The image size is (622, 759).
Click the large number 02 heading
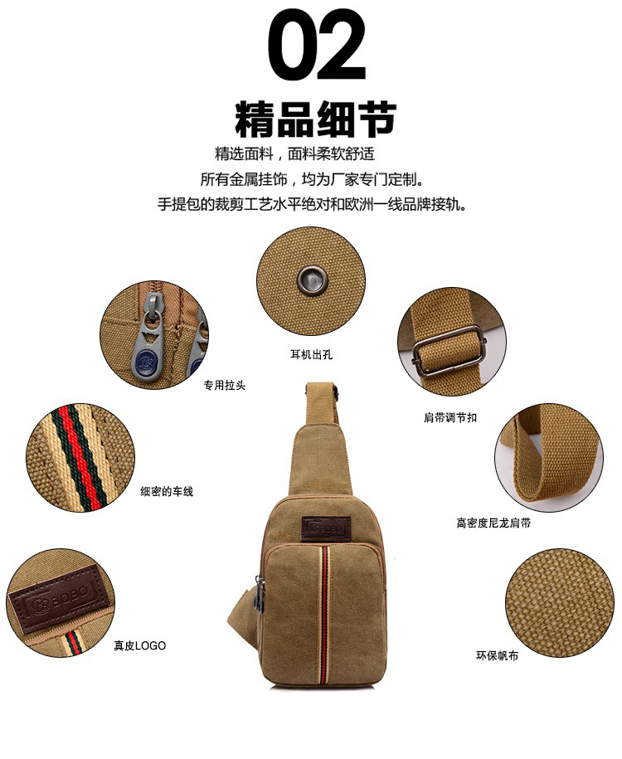[317, 44]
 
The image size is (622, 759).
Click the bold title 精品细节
[316, 119]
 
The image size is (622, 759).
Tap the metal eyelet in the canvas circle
[312, 279]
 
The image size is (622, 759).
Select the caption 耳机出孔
[311, 355]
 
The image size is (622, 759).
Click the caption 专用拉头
[225, 386]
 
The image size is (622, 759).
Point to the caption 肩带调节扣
[450, 417]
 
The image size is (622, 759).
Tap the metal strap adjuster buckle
[449, 352]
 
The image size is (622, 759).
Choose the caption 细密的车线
[167, 492]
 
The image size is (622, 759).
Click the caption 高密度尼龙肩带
[493, 523]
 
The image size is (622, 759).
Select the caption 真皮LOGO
[140, 645]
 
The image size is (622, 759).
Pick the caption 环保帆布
[497, 656]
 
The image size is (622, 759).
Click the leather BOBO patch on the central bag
[326, 528]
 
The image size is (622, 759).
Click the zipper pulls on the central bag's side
[260, 593]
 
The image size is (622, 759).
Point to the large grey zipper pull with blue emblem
[148, 338]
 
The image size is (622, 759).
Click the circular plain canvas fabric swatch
[560, 603]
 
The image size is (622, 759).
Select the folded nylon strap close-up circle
[549, 458]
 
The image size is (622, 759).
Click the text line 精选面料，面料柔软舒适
[294, 154]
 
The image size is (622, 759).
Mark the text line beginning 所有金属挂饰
[312, 179]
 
